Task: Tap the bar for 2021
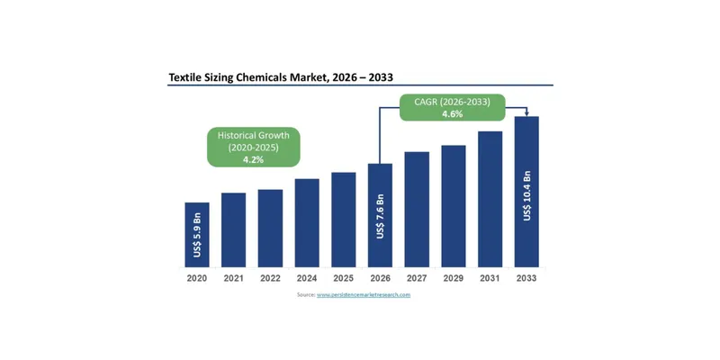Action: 234,229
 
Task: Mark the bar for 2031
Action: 490,199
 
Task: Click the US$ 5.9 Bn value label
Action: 197,236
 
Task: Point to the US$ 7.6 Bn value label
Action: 380,217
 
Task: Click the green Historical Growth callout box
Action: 254,147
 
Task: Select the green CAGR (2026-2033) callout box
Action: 453,108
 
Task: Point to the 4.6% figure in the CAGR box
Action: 453,115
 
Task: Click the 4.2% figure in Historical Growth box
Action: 254,158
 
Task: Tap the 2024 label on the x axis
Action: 307,278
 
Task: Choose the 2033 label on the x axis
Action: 526,278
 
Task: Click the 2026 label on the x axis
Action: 380,278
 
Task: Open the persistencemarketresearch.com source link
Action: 364,295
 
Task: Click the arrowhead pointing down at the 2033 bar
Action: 526,113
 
